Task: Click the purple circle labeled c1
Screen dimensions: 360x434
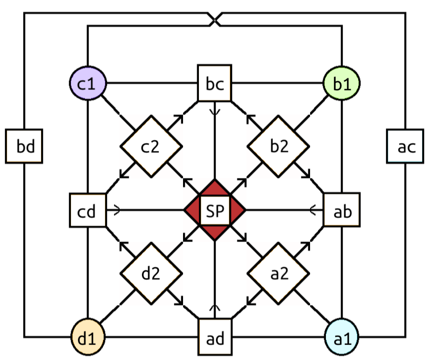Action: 87,83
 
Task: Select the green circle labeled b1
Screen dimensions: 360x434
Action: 342,83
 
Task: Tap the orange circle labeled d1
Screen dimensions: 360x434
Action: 89,338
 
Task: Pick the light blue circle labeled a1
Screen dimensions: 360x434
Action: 342,338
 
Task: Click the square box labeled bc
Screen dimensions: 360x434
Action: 215,83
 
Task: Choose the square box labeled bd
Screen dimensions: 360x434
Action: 24,146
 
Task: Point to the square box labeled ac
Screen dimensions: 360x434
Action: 405,146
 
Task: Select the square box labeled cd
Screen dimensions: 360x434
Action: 87,210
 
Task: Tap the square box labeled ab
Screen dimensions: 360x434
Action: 342,210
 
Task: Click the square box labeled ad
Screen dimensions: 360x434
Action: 215,338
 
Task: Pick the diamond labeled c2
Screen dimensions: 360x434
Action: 151,147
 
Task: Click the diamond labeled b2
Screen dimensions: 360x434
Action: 278,147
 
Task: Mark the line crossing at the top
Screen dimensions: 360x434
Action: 215,19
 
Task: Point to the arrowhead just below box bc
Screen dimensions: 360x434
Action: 215,112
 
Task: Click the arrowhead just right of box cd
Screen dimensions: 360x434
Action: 117,210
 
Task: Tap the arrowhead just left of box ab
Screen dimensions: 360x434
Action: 313,210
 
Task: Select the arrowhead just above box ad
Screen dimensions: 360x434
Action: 215,307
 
